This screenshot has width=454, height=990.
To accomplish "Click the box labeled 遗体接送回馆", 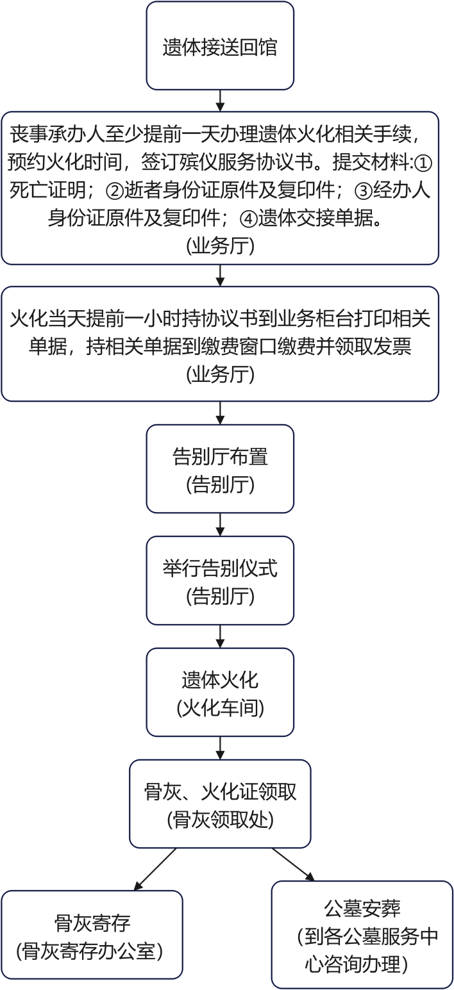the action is point(220,45).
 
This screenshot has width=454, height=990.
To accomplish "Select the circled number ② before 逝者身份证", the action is point(115,191).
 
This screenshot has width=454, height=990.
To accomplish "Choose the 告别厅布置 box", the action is point(220,468).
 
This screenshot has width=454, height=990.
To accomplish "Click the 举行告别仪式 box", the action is point(220,581).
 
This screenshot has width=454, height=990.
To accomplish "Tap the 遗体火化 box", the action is point(220,692).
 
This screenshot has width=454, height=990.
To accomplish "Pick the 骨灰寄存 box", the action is point(92,935).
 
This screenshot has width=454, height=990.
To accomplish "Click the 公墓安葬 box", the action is point(362,935).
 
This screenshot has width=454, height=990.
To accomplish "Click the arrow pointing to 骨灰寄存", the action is point(155,869).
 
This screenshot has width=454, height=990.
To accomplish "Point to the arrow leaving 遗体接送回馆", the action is point(220,101).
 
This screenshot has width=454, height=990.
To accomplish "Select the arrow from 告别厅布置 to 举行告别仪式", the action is point(220,525).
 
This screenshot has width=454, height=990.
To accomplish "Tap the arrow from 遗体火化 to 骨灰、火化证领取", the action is point(220,748).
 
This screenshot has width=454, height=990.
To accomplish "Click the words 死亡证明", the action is point(48,191).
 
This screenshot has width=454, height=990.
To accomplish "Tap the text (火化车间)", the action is point(220,709).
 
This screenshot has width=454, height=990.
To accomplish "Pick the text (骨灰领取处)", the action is point(220,820).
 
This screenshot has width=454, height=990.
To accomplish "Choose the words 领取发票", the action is point(373,347).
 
